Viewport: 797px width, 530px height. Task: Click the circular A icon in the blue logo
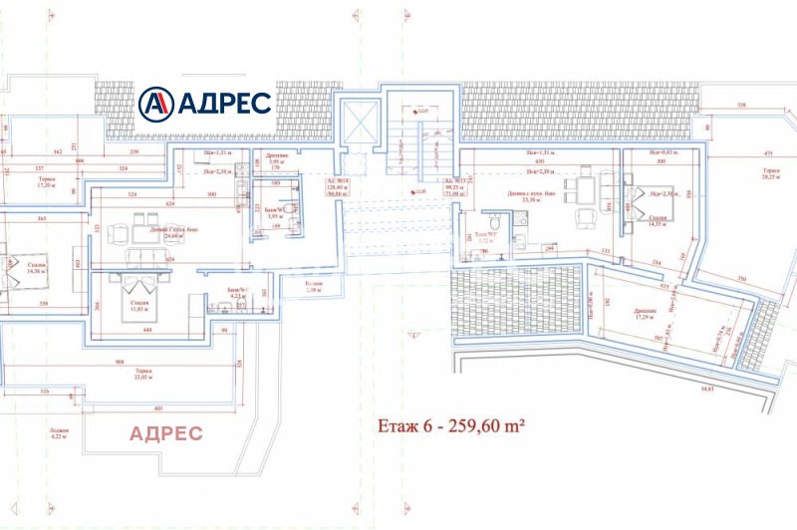coord(156,103)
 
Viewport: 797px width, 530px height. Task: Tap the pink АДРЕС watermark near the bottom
coord(166,432)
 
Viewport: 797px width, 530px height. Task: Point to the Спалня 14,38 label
coord(37,267)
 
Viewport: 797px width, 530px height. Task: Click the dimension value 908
coord(120,361)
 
